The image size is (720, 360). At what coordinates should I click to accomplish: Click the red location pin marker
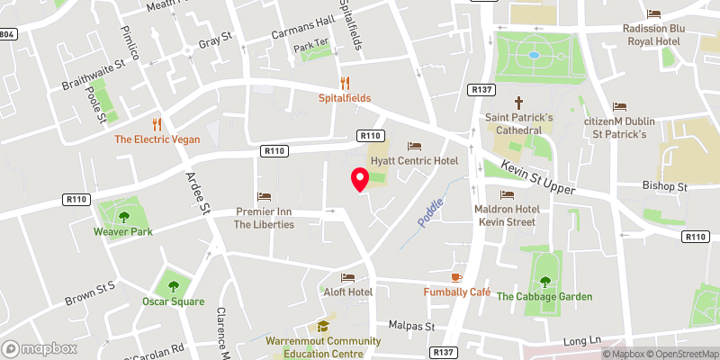coord(360,179)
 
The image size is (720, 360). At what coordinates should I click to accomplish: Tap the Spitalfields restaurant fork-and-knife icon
coord(345,82)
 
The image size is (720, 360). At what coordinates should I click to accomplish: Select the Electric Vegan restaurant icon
coord(157,124)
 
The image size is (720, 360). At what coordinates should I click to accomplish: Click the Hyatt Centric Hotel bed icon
coord(414,145)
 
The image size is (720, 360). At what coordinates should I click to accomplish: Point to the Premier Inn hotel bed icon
coord(265,195)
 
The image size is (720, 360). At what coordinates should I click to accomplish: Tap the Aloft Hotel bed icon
coord(347,277)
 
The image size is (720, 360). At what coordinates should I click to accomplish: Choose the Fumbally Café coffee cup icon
coord(456,276)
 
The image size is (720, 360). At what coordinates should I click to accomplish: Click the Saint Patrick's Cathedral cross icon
coord(518,102)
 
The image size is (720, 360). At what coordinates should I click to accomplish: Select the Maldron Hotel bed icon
coord(508,194)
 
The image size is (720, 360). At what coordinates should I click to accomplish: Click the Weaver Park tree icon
coord(123,216)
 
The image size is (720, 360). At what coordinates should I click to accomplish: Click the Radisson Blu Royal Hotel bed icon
coord(653,13)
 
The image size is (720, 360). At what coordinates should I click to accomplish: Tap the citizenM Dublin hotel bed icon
coord(618,106)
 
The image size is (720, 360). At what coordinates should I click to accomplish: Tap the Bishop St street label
coord(665,187)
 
